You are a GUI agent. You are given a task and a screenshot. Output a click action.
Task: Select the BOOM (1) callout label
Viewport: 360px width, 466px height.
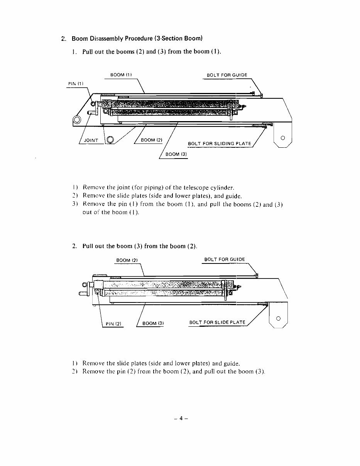tap(121, 75)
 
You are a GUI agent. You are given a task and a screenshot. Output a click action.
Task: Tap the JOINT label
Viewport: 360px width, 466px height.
tap(91, 140)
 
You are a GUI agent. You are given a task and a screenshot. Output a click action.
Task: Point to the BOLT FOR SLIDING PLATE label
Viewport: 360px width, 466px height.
tap(219, 144)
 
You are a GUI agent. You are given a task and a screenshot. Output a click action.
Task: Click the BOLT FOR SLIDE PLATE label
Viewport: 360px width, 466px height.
tap(217, 322)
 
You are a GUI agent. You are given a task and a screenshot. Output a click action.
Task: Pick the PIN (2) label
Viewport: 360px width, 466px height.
tap(113, 324)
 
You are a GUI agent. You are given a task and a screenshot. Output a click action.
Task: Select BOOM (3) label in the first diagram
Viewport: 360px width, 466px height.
tap(176, 154)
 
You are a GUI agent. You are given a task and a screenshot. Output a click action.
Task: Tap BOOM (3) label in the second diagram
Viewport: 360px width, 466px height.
tap(153, 324)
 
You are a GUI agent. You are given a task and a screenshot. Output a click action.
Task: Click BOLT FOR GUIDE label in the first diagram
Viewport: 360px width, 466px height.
tap(227, 75)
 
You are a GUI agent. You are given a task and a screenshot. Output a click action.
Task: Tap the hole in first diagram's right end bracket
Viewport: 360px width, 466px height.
tap(283, 138)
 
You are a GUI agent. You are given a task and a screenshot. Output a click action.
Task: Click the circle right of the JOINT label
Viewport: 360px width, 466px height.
tap(110, 140)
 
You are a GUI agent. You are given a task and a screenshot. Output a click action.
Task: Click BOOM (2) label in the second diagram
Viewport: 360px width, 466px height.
tap(127, 260)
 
